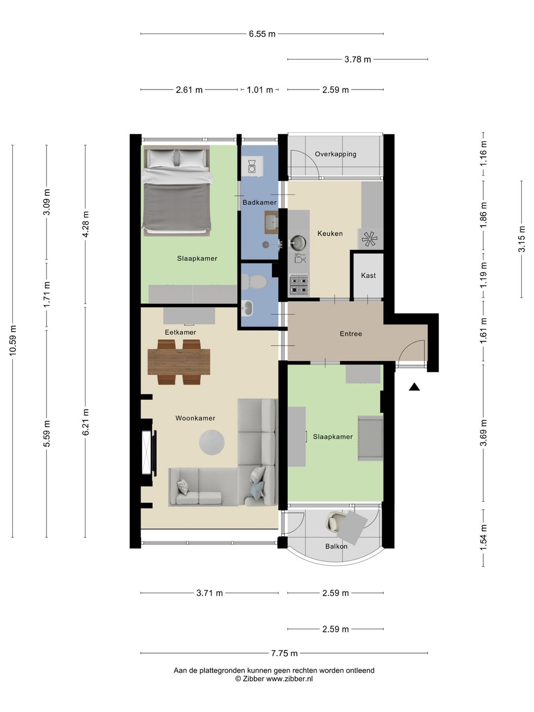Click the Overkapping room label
click(x=335, y=154)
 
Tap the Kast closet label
click(x=368, y=275)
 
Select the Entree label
click(x=351, y=333)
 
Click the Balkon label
click(x=336, y=546)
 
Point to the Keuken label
click(x=330, y=233)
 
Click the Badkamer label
click(x=260, y=202)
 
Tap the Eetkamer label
click(x=180, y=332)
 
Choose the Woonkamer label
click(x=195, y=418)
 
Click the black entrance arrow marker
click(x=414, y=387)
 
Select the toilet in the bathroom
click(x=254, y=282)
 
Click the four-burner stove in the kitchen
click(x=299, y=284)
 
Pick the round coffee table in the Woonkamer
click(x=212, y=443)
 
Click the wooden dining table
click(x=178, y=361)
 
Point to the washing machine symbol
click(x=251, y=166)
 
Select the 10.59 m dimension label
click(x=13, y=340)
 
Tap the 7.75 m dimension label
click(x=284, y=653)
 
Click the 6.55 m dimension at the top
click(x=262, y=34)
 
